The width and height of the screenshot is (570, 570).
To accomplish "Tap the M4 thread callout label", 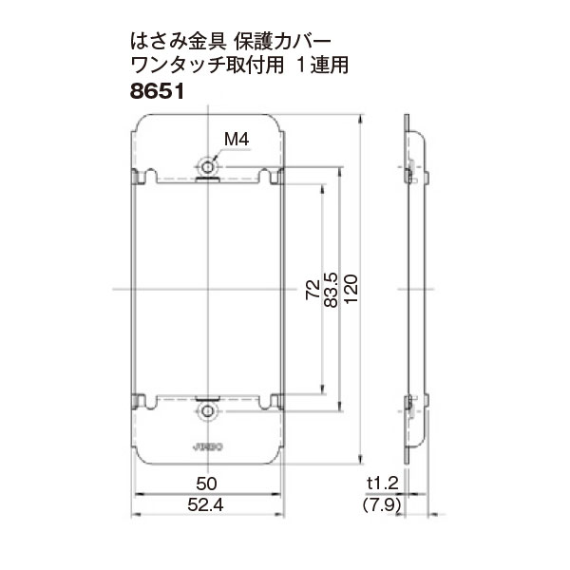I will (236, 141).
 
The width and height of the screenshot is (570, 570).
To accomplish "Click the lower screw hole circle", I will (208, 411).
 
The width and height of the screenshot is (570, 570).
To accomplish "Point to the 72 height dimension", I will (313, 291).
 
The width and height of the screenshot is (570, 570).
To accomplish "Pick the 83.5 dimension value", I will (331, 291).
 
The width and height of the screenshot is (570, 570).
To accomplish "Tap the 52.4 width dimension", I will (209, 505).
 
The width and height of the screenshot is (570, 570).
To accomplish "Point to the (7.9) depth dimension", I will (383, 505).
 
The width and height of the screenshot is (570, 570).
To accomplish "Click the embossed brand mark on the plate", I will (208, 444).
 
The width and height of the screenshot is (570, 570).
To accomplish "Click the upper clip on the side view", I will (408, 174).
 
